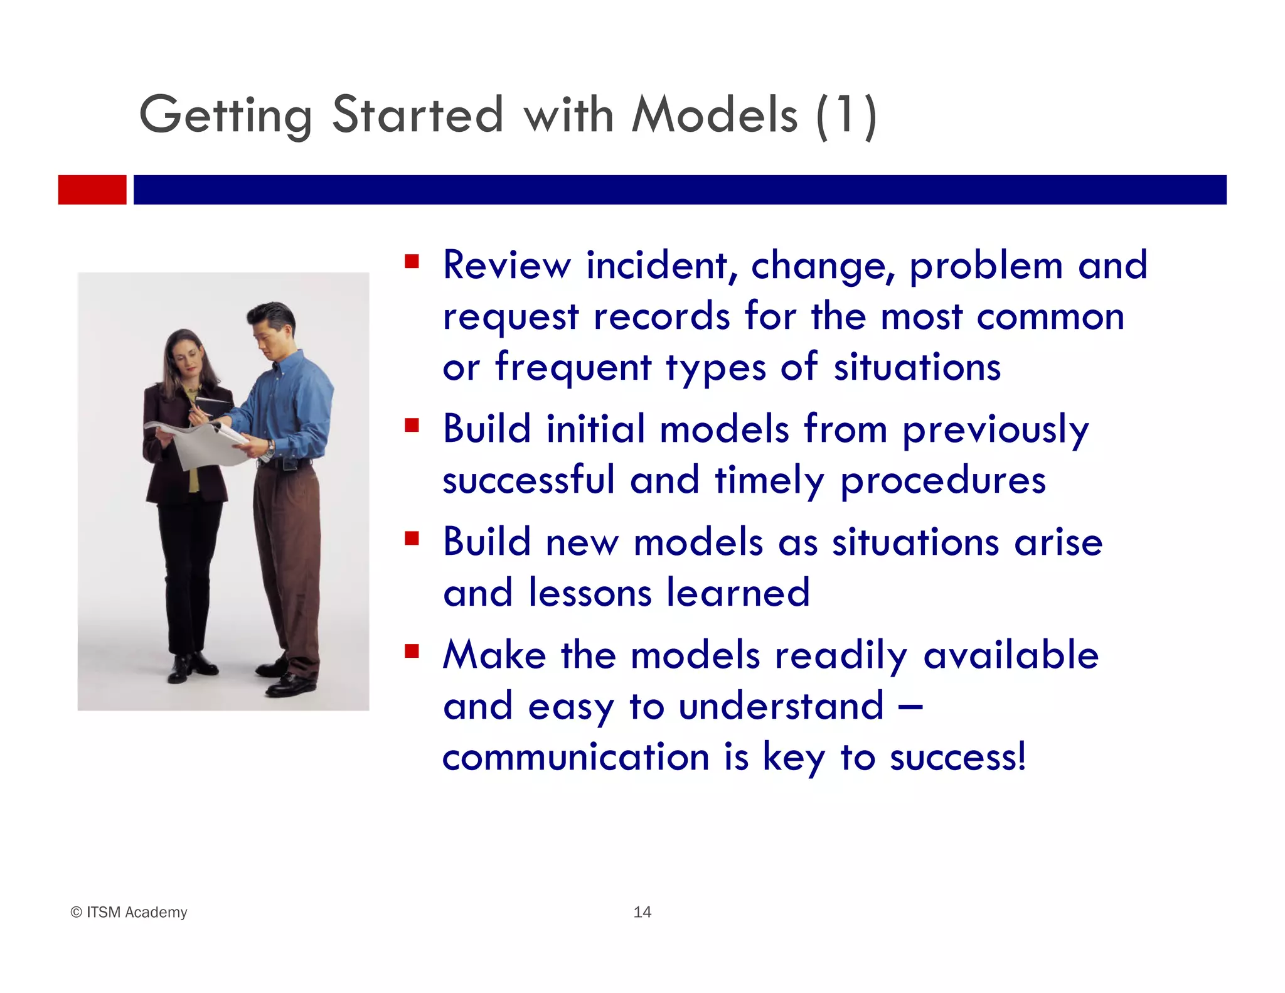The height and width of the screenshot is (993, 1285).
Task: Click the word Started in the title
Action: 417,115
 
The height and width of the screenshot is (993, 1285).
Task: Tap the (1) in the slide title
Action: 846,115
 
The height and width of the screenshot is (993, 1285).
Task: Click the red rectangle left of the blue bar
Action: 92,190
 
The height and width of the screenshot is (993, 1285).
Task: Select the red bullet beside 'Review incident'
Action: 412,260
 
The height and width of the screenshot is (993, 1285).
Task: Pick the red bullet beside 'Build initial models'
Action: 412,426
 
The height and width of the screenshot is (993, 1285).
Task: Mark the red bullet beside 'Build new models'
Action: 412,538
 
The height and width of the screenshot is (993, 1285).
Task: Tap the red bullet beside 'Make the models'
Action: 412,651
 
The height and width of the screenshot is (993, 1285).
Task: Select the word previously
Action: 995,431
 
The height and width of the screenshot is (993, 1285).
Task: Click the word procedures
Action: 942,481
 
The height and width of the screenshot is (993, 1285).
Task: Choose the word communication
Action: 575,756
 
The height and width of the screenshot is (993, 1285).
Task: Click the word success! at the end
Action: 957,756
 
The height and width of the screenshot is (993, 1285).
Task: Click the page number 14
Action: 642,912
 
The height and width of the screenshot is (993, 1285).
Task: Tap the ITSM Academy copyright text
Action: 129,912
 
